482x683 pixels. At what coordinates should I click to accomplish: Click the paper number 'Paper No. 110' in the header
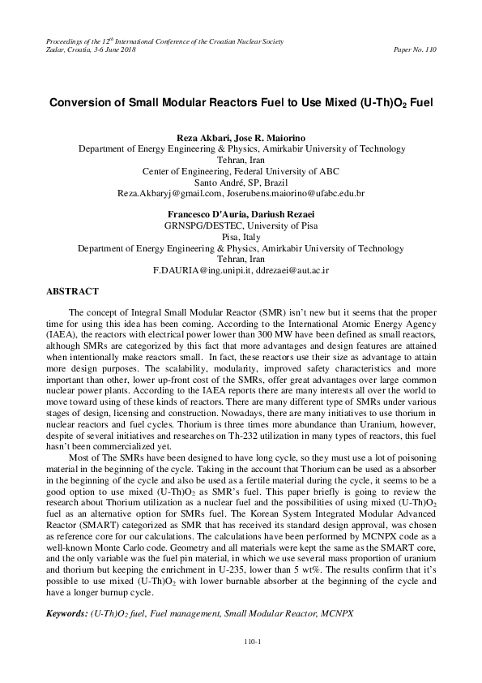pyautogui.click(x=413, y=49)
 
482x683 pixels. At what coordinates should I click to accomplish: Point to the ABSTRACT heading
pyautogui.click(x=73, y=290)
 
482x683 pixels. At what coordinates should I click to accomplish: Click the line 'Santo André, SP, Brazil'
pyautogui.click(x=241, y=183)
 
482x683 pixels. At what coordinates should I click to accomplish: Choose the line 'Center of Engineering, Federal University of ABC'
pyautogui.click(x=241, y=171)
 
